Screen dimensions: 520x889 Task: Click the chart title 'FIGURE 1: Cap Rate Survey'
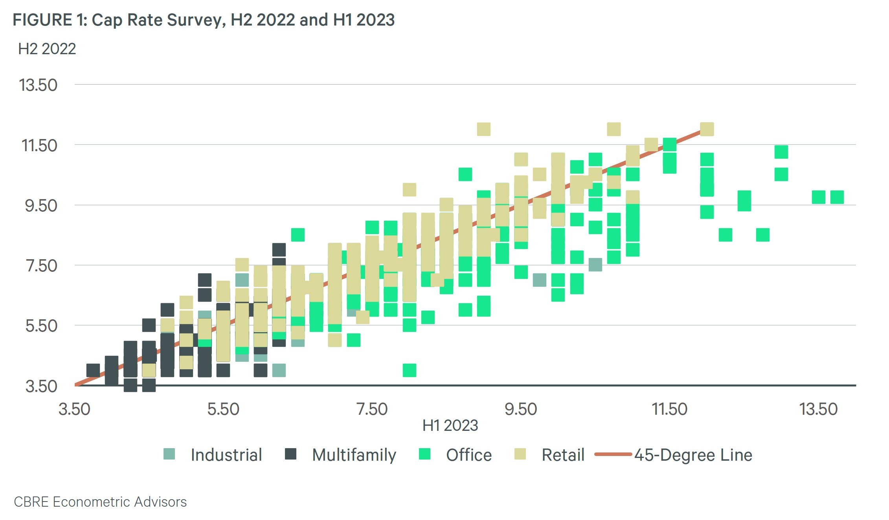[x=203, y=20]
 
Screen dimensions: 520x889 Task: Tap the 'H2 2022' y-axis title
[x=47, y=49]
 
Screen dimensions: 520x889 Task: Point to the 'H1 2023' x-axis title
[x=450, y=425]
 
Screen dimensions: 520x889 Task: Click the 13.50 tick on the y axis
[x=38, y=85]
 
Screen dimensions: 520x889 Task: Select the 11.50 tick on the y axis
[x=39, y=146]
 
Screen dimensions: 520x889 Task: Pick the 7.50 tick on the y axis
[x=41, y=266]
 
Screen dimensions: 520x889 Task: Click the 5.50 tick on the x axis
[x=223, y=409]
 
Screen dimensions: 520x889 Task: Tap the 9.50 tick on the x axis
[x=521, y=409]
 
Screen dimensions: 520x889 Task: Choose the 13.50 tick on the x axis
[x=819, y=409]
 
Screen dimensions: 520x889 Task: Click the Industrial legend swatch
[x=169, y=454]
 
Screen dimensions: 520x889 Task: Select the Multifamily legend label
[x=354, y=455]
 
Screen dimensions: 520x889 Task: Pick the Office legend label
[x=469, y=455]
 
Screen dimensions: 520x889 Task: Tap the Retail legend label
[x=563, y=455]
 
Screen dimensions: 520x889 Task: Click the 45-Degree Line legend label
[x=693, y=455]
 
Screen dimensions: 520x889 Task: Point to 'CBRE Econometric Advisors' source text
[x=100, y=502]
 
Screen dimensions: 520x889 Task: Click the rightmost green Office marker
[x=837, y=197]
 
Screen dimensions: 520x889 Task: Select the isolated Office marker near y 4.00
[x=410, y=370]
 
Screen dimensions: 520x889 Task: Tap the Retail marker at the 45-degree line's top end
[x=707, y=129]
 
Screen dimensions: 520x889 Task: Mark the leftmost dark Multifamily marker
[x=93, y=370]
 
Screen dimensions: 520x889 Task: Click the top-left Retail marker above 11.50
[x=484, y=129]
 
